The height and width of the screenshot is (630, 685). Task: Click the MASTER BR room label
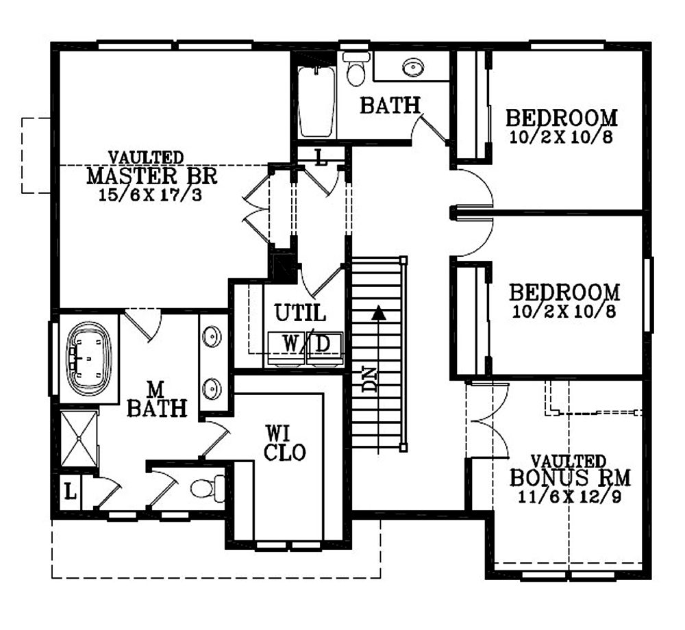pyautogui.click(x=151, y=175)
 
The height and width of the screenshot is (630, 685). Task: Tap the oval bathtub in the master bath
pyautogui.click(x=88, y=359)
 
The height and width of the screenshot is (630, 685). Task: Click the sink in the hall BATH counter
pyautogui.click(x=413, y=68)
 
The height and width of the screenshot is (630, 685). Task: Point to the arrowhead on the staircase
pyautogui.click(x=378, y=312)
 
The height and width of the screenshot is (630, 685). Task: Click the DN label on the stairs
pyautogui.click(x=370, y=379)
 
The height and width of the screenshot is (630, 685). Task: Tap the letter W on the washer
pyautogui.click(x=290, y=343)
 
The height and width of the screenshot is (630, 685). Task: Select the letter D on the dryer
pyautogui.click(x=323, y=344)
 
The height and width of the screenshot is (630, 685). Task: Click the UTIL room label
pyautogui.click(x=300, y=312)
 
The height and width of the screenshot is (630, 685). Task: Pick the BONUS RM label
pyautogui.click(x=570, y=477)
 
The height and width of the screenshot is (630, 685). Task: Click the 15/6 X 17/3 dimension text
pyautogui.click(x=150, y=194)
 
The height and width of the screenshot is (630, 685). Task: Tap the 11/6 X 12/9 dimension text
pyautogui.click(x=570, y=497)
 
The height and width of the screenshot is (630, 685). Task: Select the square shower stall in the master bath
pyautogui.click(x=79, y=438)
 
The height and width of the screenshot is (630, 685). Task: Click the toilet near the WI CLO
pyautogui.click(x=208, y=488)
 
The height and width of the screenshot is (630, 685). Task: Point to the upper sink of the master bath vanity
pyautogui.click(x=212, y=337)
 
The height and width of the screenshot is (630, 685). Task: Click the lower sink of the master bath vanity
pyautogui.click(x=212, y=388)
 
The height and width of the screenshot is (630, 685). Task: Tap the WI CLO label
pyautogui.click(x=284, y=443)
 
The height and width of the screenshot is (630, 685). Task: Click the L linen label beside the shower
pyautogui.click(x=71, y=492)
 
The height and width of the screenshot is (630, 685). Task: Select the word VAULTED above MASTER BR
pyautogui.click(x=146, y=157)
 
